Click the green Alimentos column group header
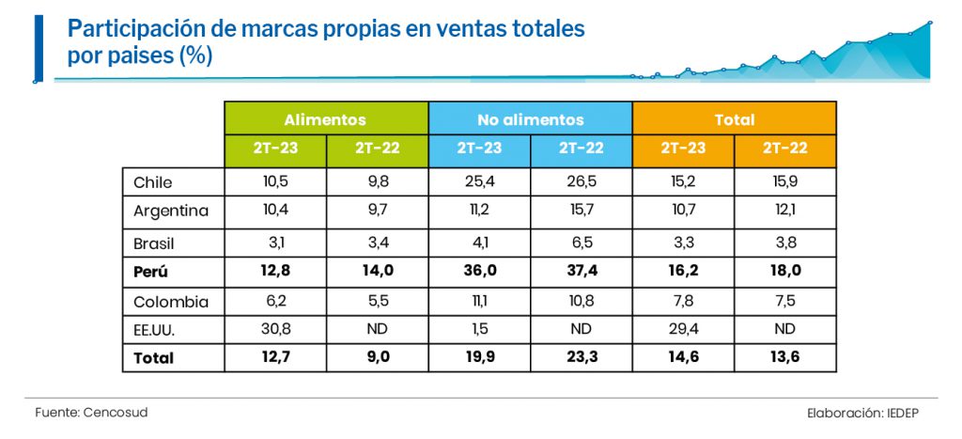[x=325, y=119]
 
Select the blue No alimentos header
[x=530, y=119]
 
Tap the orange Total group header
[x=734, y=119]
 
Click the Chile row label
[x=153, y=182]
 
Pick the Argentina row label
[x=171, y=211]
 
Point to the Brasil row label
[x=155, y=243]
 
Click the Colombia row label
[x=170, y=303]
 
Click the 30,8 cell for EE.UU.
[x=274, y=330]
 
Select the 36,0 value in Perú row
[x=479, y=273]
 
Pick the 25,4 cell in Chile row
[x=479, y=182]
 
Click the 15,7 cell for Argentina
[x=582, y=211]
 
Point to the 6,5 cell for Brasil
[x=582, y=243]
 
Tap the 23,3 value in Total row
[x=582, y=357]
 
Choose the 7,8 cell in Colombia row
[x=683, y=303]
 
